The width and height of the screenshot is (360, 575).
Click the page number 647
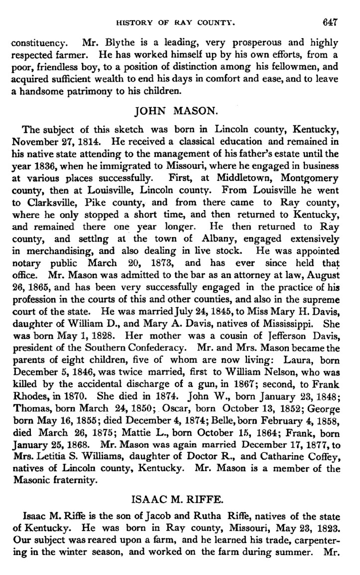click(330, 22)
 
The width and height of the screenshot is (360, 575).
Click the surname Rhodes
click(29, 408)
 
